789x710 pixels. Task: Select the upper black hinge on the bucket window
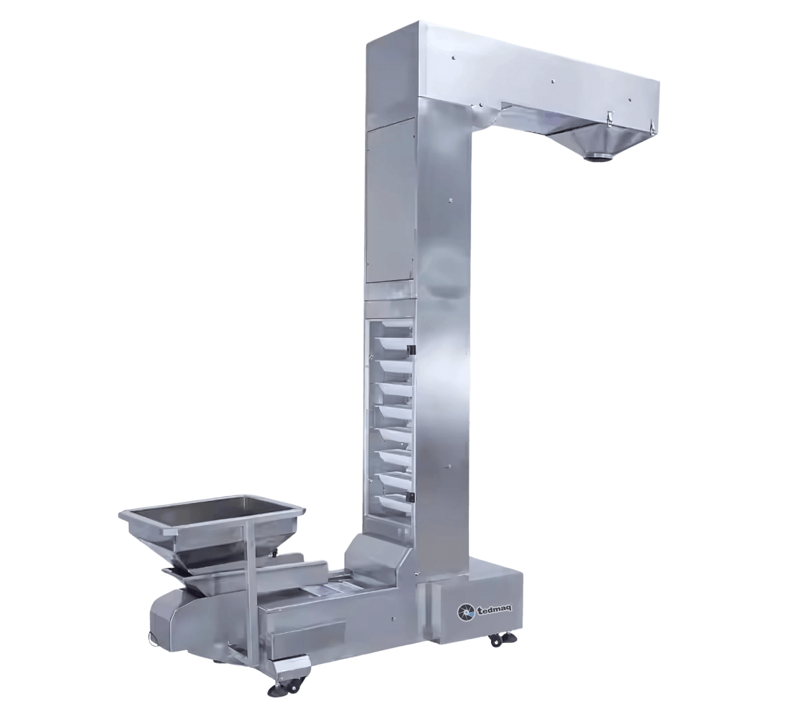pyautogui.click(x=412, y=349)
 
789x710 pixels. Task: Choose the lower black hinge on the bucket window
pyautogui.click(x=412, y=496)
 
